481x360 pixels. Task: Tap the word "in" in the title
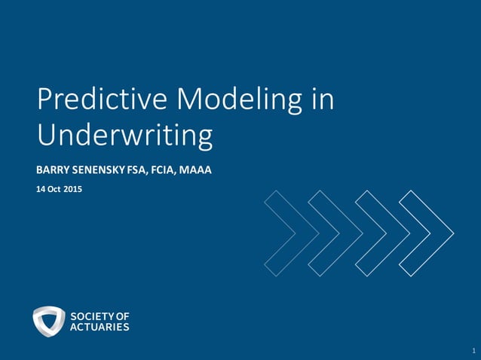[322, 100]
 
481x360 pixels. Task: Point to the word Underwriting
[125, 136]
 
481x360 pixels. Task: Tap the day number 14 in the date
[41, 189]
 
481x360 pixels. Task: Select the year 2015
[73, 189]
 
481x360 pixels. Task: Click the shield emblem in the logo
[49, 321]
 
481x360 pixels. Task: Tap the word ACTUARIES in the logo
[100, 327]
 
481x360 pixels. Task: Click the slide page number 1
[473, 351]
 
